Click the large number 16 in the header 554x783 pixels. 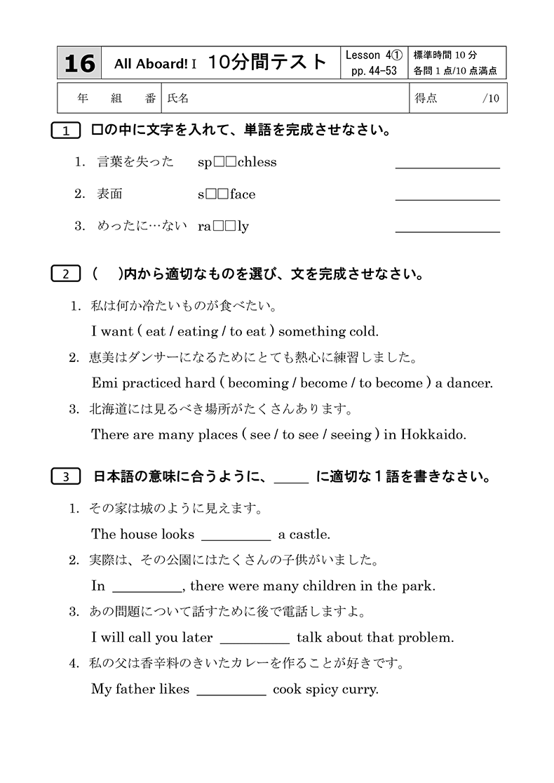click(x=79, y=63)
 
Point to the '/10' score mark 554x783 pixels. click(x=491, y=99)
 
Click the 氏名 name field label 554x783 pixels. click(x=178, y=99)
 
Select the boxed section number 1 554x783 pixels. click(x=66, y=131)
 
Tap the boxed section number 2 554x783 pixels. click(x=66, y=274)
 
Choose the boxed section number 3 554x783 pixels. click(x=66, y=477)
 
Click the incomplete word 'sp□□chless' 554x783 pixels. click(x=237, y=162)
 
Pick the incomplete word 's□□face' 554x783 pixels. click(x=227, y=194)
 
